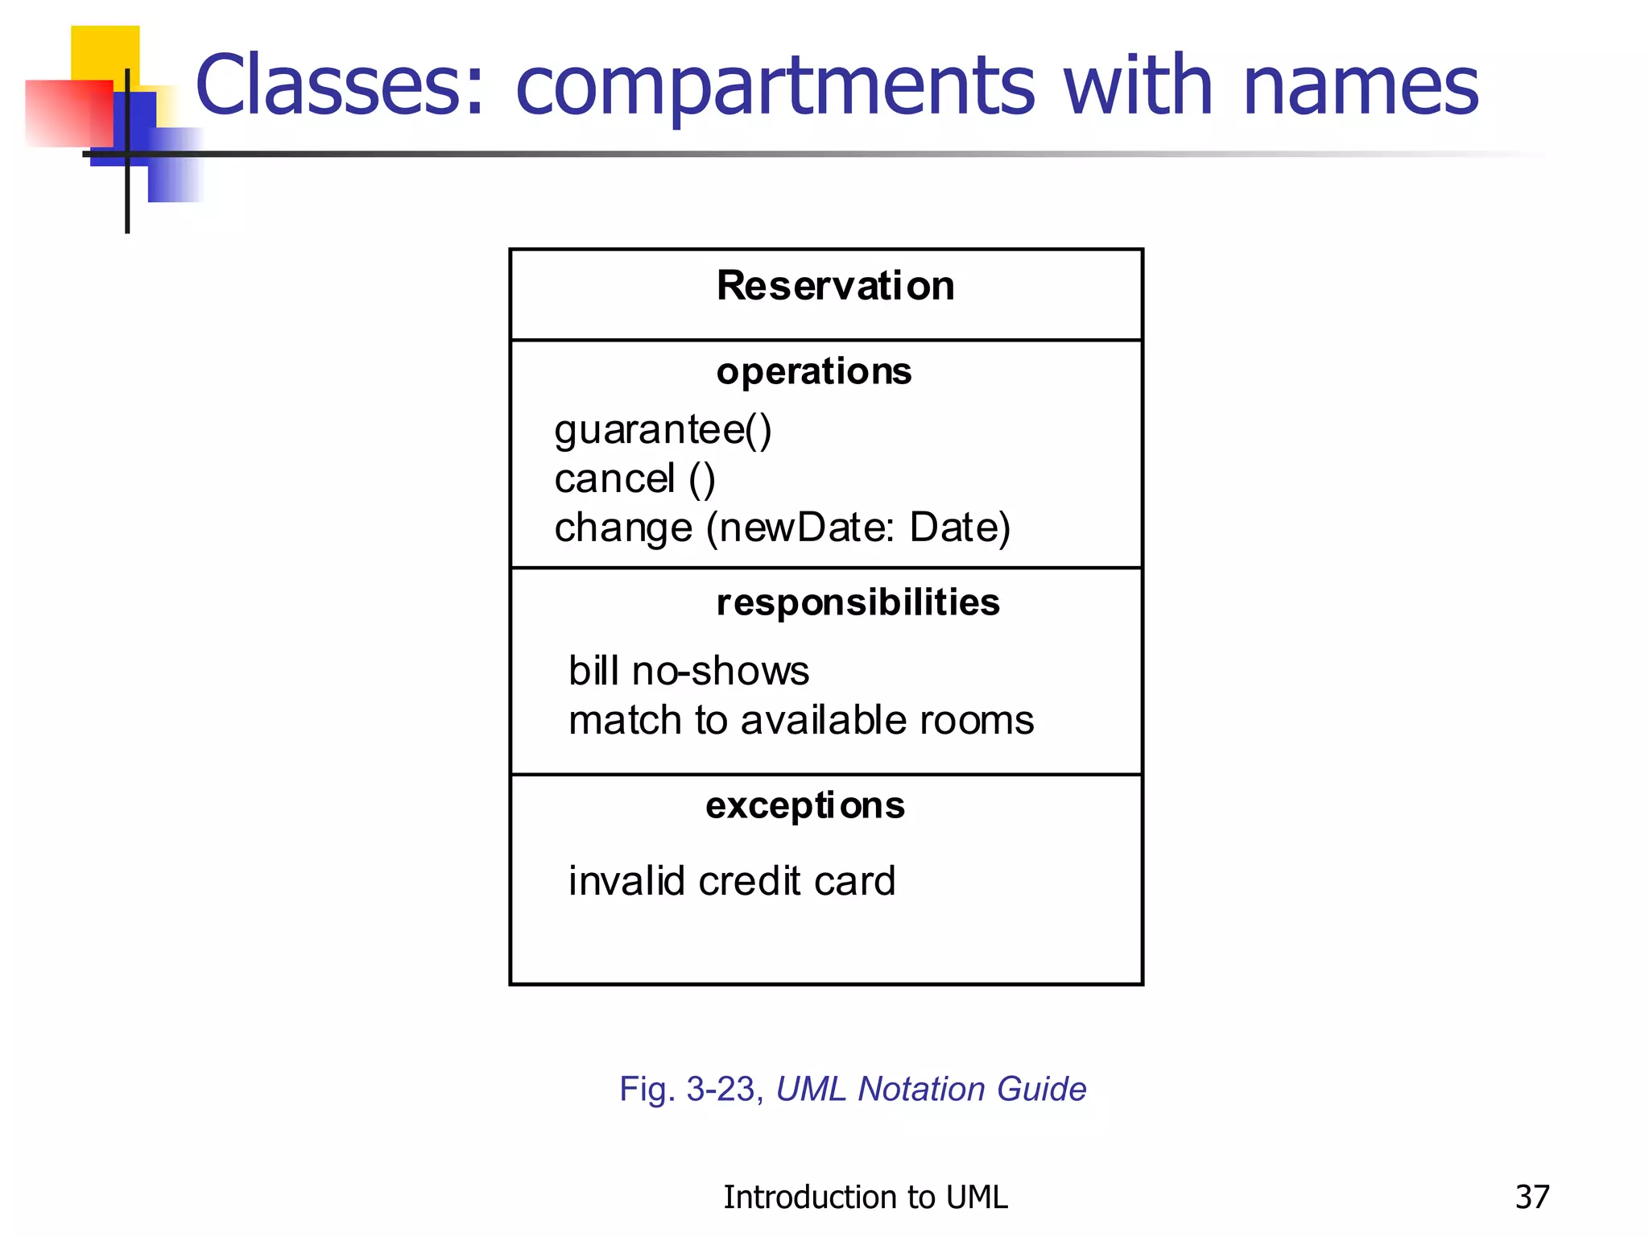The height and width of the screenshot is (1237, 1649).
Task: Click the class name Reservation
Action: coord(835,286)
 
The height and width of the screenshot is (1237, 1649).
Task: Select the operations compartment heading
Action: coord(813,372)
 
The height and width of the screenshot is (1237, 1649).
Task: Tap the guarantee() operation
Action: coord(663,430)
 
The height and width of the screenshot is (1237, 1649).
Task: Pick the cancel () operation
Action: coord(634,479)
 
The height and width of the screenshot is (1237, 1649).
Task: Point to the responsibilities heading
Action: coord(858,603)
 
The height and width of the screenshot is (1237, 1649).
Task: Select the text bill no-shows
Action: coord(688,671)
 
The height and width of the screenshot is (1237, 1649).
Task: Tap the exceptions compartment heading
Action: coord(804,806)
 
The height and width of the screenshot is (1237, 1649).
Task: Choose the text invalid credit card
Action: coord(731,881)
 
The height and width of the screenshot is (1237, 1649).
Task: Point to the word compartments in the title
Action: coord(774,87)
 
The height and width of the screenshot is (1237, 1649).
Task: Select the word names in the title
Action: coord(1360,85)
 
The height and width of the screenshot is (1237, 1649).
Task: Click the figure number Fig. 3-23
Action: coord(690,1089)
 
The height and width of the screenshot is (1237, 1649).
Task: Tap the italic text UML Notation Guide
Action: coord(931,1089)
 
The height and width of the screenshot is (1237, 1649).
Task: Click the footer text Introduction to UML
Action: coord(865,1198)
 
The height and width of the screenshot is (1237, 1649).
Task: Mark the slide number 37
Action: coord(1531,1198)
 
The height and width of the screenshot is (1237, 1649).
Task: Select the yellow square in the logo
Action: coord(105,52)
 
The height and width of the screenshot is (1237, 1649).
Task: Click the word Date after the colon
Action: coord(958,528)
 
